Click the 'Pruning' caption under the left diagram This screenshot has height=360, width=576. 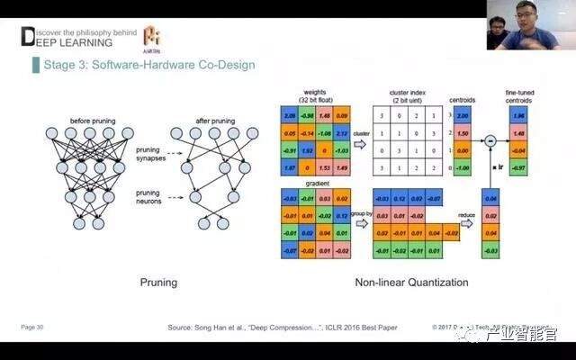(158, 283)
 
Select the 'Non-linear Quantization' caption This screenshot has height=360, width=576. (411, 283)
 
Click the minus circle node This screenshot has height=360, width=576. (490, 139)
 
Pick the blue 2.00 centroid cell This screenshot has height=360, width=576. (462, 116)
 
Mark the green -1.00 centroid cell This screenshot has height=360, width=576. (462, 167)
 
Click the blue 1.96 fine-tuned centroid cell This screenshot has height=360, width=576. (519, 116)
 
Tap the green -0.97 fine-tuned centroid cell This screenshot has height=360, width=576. (519, 167)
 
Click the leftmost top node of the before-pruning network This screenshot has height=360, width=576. (51, 131)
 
